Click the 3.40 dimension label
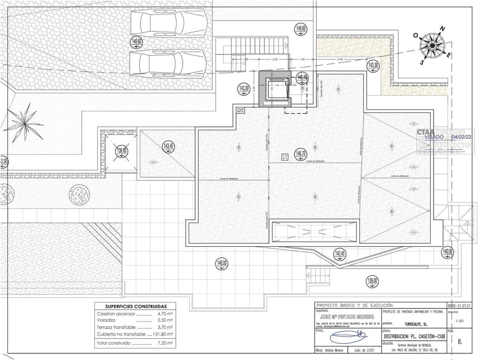(340, 60)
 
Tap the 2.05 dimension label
(275, 60)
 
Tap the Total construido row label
(113, 344)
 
